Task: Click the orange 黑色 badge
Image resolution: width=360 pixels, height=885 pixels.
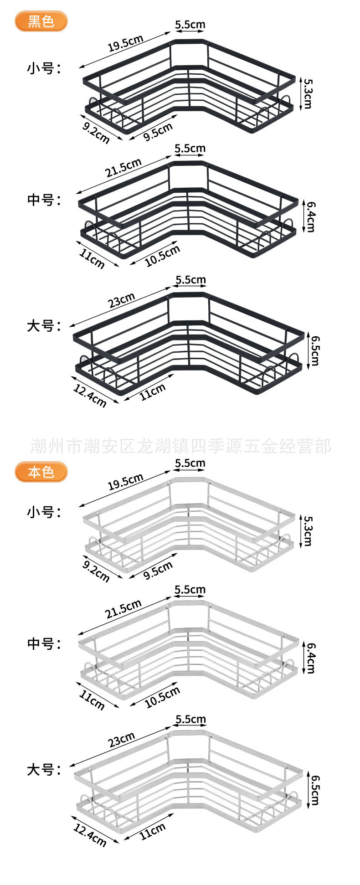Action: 41,21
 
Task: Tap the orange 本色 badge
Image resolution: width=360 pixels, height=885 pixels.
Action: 41,472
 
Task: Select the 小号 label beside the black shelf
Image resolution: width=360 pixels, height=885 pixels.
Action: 44,69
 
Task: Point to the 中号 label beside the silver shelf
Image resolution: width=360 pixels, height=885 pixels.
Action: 44,643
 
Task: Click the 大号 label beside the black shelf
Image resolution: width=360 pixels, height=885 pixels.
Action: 44,326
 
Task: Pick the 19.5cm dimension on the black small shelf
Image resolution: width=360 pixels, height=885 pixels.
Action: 126,43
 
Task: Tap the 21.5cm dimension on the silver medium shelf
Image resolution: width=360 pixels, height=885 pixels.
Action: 123,609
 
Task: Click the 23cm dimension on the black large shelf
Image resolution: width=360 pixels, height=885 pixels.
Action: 122,300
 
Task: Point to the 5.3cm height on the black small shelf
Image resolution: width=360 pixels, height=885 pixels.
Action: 308,93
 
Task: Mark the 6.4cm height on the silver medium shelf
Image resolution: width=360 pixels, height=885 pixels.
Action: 310,658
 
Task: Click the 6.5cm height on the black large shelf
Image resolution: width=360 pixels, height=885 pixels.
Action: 314,350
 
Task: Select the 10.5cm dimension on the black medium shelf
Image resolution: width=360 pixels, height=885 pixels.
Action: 162,255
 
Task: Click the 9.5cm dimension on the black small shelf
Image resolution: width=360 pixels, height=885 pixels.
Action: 158,132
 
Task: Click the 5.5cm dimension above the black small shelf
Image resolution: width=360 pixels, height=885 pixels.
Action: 190,25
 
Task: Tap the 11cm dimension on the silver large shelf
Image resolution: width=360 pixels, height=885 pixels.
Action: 153,832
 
